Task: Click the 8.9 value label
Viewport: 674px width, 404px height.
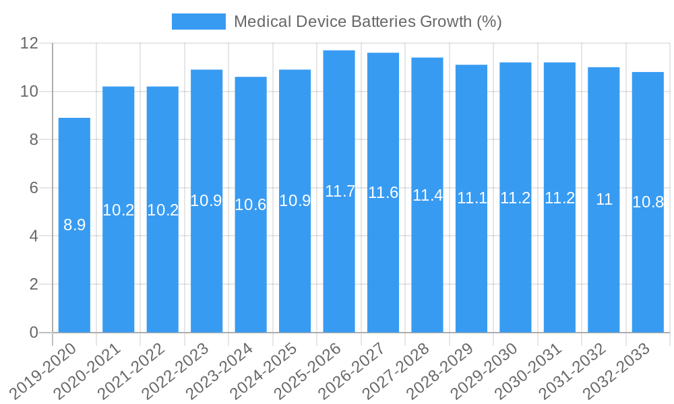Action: pos(74,225)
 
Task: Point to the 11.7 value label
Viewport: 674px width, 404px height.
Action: pos(339,191)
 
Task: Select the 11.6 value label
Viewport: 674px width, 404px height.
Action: pos(384,193)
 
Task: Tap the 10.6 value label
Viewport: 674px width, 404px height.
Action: pos(251,205)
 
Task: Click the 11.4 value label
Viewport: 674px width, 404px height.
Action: pos(427,195)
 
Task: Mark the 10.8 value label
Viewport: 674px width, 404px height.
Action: pos(648,202)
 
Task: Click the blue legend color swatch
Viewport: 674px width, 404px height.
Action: pos(198,22)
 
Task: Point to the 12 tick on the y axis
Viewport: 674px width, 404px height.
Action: pos(30,43)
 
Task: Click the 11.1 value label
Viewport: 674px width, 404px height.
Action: pos(472,198)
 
